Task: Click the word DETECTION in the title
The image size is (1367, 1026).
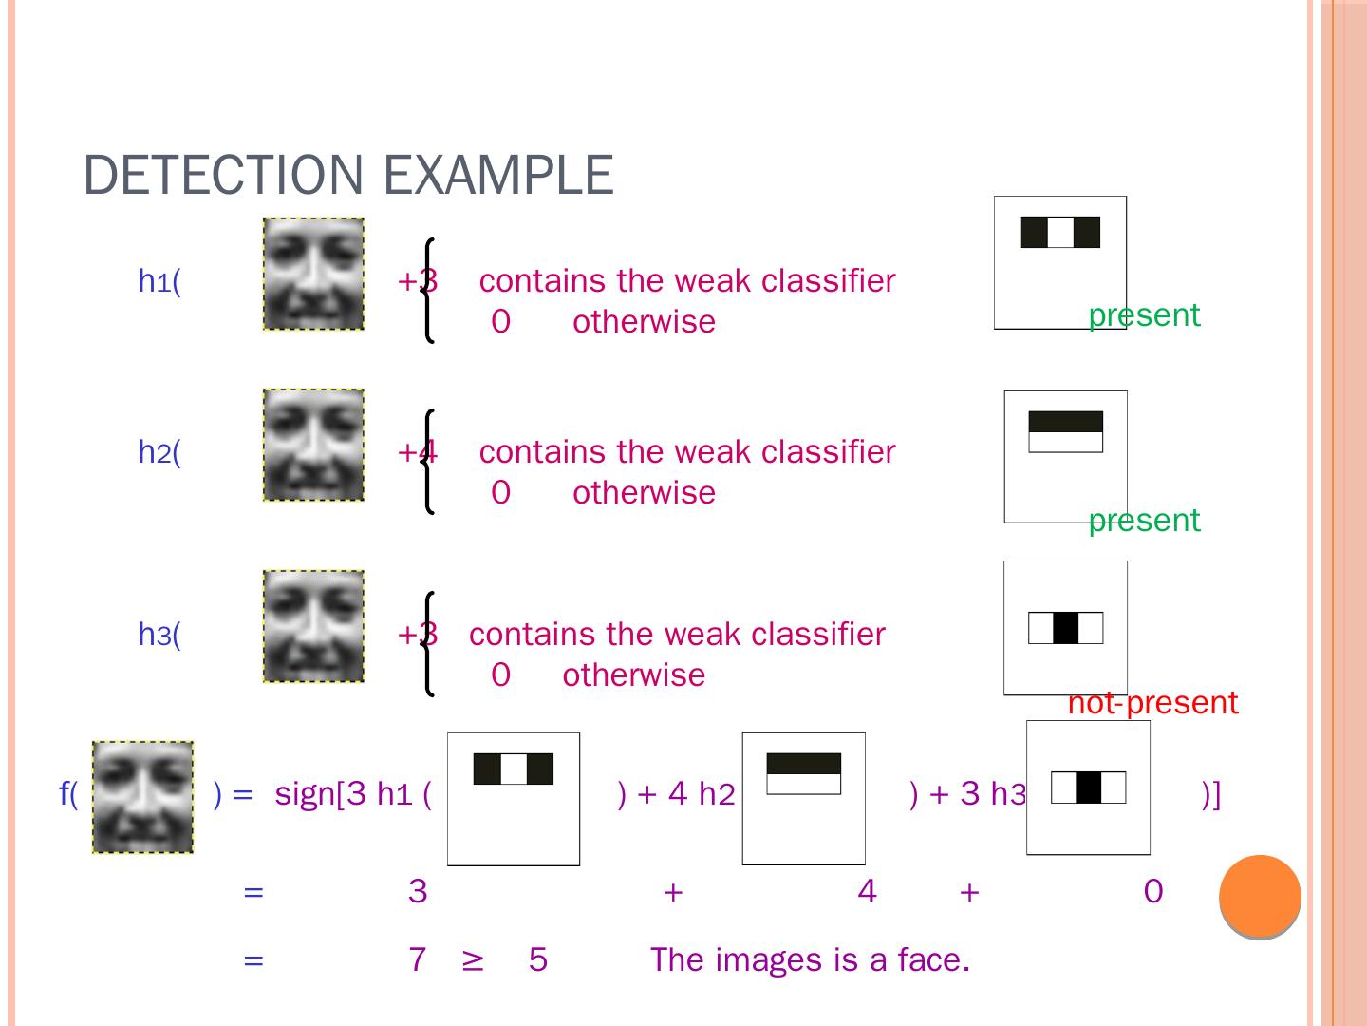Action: tap(224, 176)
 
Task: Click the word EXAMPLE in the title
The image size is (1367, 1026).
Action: tap(498, 176)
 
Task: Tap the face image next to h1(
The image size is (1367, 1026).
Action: tap(313, 274)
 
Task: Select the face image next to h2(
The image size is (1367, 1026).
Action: tap(313, 445)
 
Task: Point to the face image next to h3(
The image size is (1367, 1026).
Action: tap(313, 626)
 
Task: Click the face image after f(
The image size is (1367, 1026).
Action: tap(142, 797)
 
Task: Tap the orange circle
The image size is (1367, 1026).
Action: tap(1260, 897)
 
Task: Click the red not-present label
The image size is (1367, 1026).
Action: tap(1152, 703)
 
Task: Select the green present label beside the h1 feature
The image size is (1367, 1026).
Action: tap(1144, 314)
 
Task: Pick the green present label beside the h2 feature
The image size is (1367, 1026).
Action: tap(1144, 521)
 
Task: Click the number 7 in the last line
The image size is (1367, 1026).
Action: tap(417, 959)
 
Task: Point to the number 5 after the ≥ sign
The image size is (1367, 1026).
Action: tap(538, 959)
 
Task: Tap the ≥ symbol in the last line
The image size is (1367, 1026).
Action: tap(473, 960)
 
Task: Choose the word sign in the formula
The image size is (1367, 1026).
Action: tap(305, 793)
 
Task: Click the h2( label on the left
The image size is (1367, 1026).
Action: tap(159, 452)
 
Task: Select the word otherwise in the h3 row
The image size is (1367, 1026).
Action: tap(633, 674)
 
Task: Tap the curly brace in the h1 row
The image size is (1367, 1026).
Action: tap(427, 290)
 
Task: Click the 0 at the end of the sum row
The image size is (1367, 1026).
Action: tap(1153, 891)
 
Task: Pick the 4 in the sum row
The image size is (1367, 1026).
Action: tap(867, 891)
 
